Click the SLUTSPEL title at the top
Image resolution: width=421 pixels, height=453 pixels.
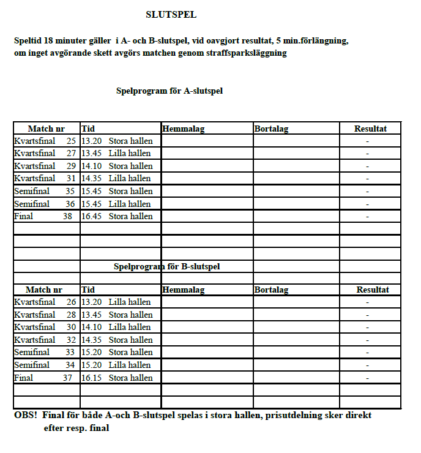click(x=171, y=15)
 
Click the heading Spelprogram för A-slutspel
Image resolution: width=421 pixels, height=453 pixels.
click(x=170, y=91)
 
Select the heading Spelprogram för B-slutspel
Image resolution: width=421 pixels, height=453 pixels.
click(x=167, y=267)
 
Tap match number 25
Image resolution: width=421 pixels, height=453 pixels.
click(x=71, y=141)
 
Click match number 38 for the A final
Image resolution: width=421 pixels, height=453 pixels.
click(x=67, y=216)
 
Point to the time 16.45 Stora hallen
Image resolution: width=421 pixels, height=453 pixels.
click(x=117, y=216)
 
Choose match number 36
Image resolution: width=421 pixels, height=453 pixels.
click(x=71, y=204)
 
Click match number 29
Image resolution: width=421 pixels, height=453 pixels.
click(x=71, y=166)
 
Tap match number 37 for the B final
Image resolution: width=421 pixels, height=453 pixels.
click(x=67, y=378)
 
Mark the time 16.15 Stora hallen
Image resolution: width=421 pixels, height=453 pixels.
click(x=117, y=378)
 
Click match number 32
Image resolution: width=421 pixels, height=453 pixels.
click(x=71, y=340)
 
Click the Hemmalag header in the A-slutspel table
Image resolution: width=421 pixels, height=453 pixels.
click(x=184, y=129)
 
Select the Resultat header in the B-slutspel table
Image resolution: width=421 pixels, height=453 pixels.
click(x=373, y=290)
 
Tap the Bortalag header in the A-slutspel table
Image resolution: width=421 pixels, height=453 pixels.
click(x=271, y=129)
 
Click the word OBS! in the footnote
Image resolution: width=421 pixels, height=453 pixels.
click(x=26, y=415)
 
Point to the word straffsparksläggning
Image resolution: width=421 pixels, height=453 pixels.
click(x=250, y=53)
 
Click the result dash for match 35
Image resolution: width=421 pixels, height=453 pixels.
click(x=367, y=192)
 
